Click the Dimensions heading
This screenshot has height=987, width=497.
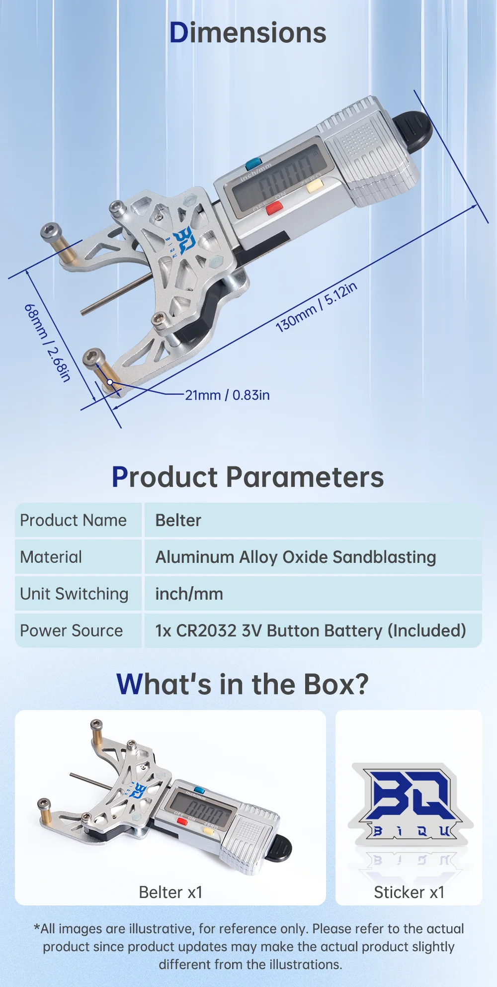point(248,33)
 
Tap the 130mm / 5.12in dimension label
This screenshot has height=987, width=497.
point(316,307)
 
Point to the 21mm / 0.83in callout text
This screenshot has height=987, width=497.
point(227,395)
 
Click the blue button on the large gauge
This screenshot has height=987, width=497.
point(253,163)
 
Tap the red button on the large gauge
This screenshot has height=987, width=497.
point(274,208)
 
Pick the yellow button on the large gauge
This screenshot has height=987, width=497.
point(315,186)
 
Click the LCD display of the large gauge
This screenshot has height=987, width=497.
point(278,180)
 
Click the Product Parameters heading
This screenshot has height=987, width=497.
point(248,477)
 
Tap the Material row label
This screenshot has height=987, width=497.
point(51,557)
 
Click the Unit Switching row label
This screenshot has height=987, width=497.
point(74,594)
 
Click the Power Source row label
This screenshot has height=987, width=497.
point(71,630)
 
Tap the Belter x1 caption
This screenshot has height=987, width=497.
point(170,892)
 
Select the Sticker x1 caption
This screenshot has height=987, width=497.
point(409,892)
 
